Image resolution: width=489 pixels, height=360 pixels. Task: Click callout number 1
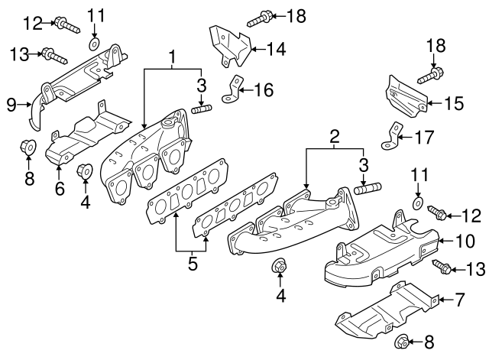click(x=173, y=57)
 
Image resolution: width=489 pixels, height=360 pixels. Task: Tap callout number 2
click(x=334, y=138)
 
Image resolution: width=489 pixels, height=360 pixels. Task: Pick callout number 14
click(x=276, y=50)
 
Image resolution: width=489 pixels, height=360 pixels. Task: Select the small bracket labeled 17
click(x=391, y=135)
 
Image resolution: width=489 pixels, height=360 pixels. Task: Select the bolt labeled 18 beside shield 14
click(x=261, y=15)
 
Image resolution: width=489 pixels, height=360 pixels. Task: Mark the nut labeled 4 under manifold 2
click(x=280, y=268)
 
